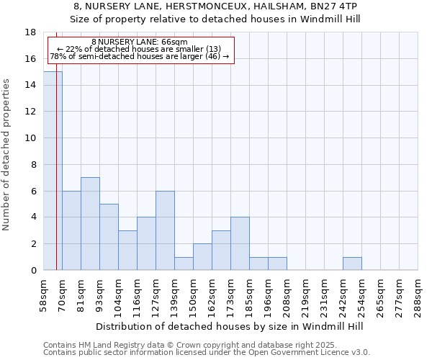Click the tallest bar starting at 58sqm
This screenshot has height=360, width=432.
(x=53, y=171)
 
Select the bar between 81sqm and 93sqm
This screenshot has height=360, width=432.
(x=90, y=224)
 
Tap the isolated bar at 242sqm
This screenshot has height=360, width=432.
(x=352, y=264)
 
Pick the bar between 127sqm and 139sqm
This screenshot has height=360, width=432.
(x=165, y=230)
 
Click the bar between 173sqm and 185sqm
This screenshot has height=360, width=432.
(x=240, y=243)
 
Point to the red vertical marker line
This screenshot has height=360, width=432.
(x=56, y=158)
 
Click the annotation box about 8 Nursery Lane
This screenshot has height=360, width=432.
(x=140, y=50)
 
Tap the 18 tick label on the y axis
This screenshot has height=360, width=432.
(x=30, y=32)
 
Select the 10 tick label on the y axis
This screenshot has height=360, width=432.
(x=30, y=138)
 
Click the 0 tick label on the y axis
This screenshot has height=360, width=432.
(x=33, y=271)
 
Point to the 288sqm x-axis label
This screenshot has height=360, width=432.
(x=418, y=295)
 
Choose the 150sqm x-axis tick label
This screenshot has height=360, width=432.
(x=194, y=295)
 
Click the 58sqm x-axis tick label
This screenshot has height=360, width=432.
(x=44, y=295)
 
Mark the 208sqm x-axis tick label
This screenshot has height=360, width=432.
(x=287, y=295)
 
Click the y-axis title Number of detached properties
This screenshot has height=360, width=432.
(x=6, y=155)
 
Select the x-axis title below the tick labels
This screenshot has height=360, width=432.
(x=230, y=326)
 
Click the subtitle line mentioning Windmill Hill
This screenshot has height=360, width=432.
(x=215, y=19)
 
